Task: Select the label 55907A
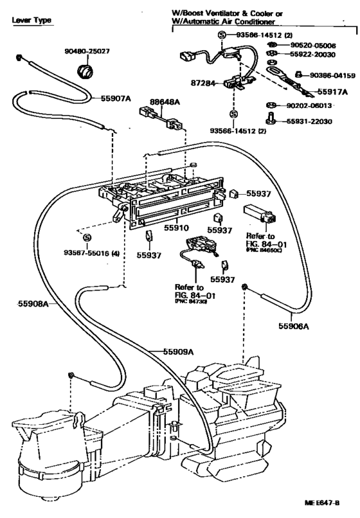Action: pos(114,98)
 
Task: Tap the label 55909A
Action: pos(177,351)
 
